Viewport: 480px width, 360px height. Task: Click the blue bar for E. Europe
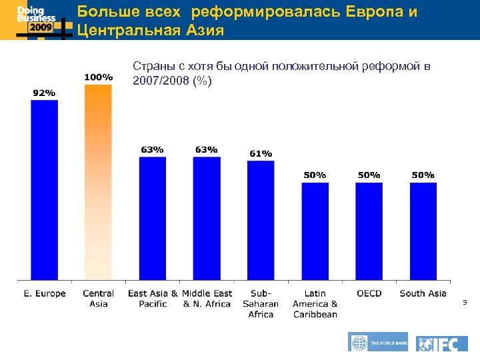point(45,190)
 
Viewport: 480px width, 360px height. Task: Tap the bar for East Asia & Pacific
point(153,218)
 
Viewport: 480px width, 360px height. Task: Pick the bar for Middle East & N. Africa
point(207,218)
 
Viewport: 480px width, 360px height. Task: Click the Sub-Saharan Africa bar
point(261,220)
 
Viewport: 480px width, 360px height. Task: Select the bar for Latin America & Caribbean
point(315,231)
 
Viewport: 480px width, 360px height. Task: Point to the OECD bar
point(369,231)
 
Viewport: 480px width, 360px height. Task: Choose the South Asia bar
point(423,231)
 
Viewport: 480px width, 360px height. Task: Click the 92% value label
point(45,93)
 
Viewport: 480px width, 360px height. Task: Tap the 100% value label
point(98,77)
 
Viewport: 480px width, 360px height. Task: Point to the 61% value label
point(261,153)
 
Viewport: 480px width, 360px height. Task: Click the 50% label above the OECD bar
point(369,175)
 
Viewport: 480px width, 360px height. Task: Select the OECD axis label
point(369,293)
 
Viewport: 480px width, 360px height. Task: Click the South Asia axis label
point(423,293)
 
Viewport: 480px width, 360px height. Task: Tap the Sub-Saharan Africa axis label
point(261,303)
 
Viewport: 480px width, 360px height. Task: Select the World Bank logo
point(378,342)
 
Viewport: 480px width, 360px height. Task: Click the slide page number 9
point(465,303)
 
